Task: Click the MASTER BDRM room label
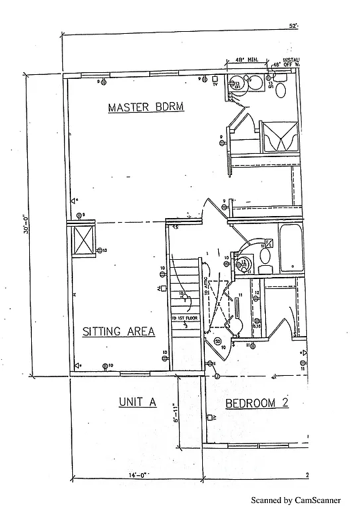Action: point(145,107)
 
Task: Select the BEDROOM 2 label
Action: point(257,403)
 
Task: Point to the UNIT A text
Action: point(137,402)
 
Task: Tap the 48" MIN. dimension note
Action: point(241,60)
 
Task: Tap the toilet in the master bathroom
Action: point(280,90)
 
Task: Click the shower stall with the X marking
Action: point(278,137)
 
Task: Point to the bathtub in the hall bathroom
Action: point(291,249)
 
